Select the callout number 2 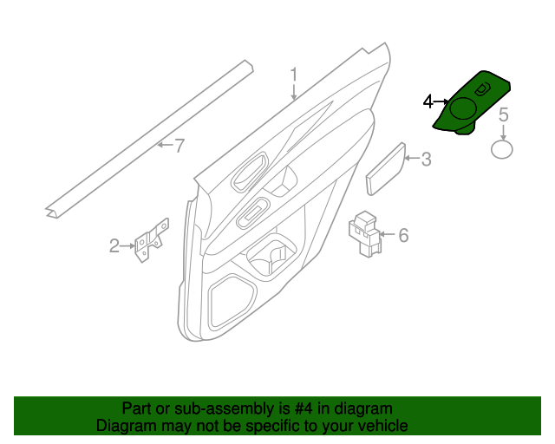pos(114,246)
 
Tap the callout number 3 pos(426,160)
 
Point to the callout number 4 pos(428,102)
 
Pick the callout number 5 pos(503,114)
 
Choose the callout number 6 pos(402,234)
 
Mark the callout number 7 pos(180,146)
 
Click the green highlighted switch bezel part pos(473,108)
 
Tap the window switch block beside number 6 pos(365,232)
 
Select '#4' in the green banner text pos(288,408)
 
